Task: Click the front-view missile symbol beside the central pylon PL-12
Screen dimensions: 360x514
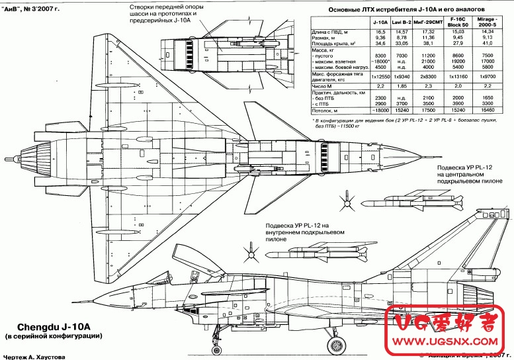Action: (x=345, y=197)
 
